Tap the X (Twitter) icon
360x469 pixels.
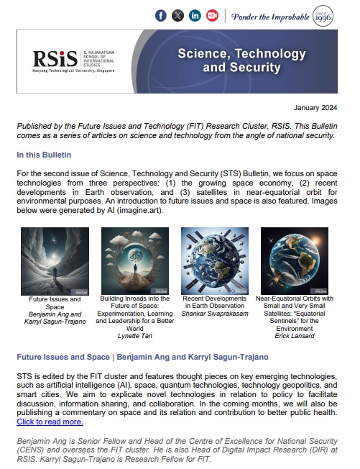click(177, 16)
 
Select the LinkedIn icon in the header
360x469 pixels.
click(195, 16)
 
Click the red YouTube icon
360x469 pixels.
click(212, 16)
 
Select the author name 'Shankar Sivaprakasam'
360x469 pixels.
click(215, 311)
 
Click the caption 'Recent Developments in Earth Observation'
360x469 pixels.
click(215, 299)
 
